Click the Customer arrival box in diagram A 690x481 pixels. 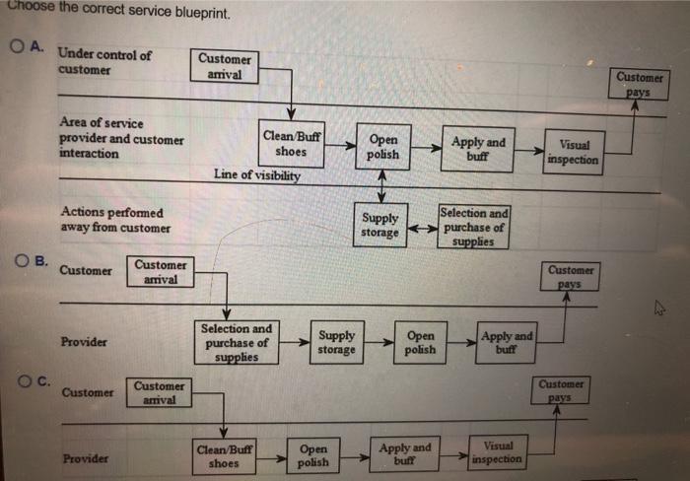[x=225, y=66]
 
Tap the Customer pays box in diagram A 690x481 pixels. [x=640, y=84]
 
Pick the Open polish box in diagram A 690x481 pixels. [x=382, y=147]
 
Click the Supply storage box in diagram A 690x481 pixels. [x=380, y=225]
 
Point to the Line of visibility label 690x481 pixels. [x=257, y=174]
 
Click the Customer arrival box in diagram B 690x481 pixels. [x=161, y=272]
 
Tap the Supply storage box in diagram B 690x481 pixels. [x=336, y=342]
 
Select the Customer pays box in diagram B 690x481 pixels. [x=571, y=276]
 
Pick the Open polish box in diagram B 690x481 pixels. [x=420, y=342]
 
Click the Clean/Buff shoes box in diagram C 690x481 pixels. [x=224, y=455]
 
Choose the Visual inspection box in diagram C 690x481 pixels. [x=499, y=452]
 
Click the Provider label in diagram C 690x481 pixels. [x=85, y=458]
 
